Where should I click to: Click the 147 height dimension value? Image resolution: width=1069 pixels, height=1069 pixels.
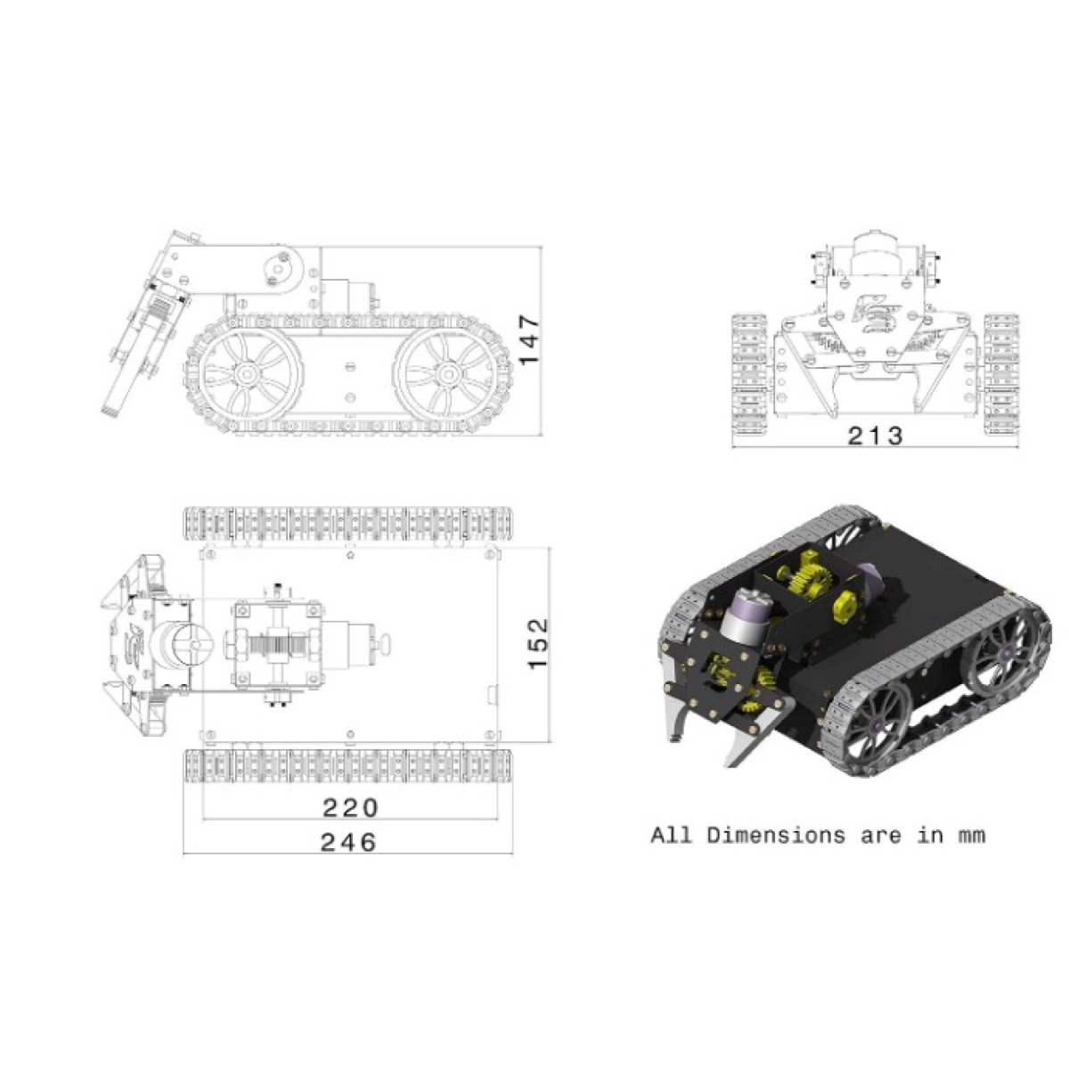530,339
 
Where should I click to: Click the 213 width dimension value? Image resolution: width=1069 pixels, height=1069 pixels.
876,436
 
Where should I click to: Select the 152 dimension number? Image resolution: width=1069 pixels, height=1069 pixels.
538,644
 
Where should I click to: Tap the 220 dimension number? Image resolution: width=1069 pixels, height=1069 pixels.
350,808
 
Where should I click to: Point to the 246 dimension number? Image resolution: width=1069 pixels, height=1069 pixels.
348,843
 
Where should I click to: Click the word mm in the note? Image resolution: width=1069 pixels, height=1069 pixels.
972,853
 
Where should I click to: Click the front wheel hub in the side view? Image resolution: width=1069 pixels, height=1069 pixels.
247,373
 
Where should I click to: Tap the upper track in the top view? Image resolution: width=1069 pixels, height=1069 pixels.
348,524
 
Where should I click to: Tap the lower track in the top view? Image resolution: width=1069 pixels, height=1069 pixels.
348,766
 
